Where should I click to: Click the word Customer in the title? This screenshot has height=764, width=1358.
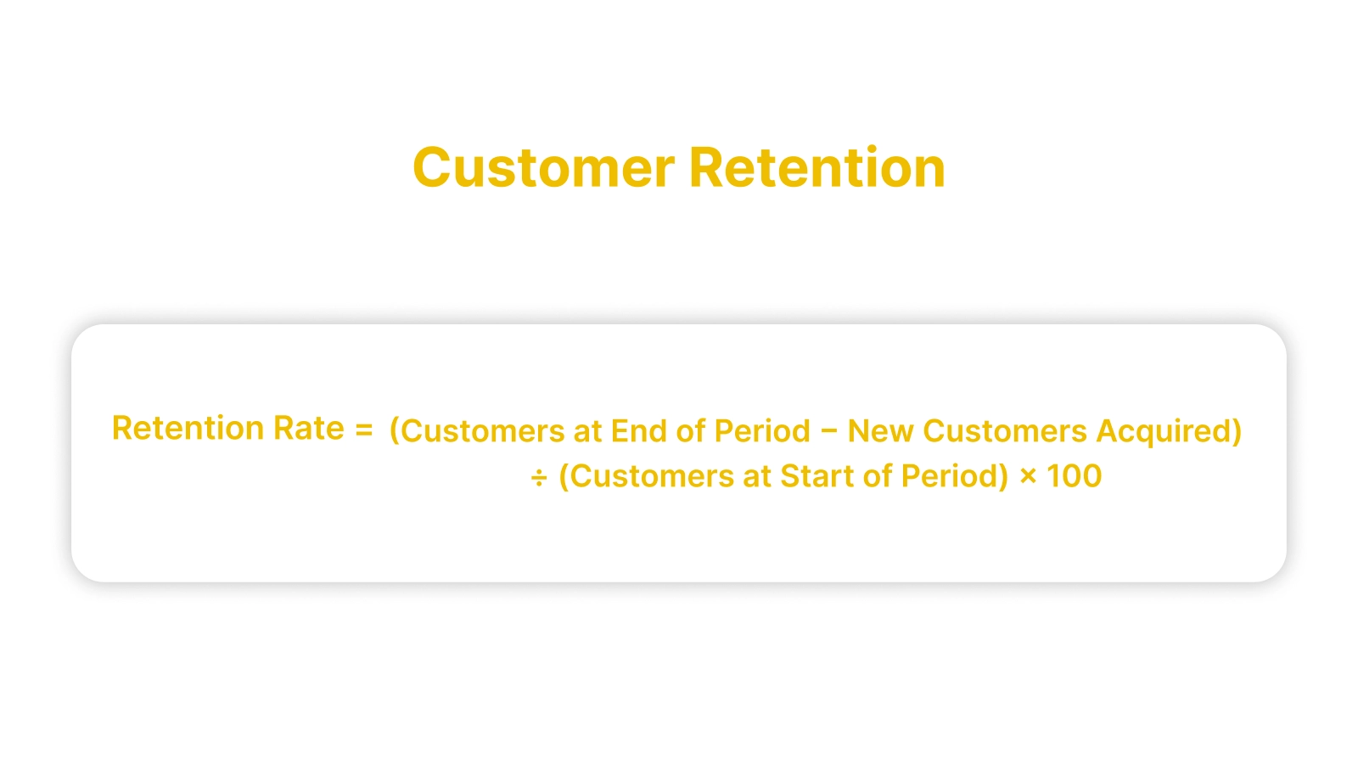[543, 167]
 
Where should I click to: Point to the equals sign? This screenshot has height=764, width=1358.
[364, 430]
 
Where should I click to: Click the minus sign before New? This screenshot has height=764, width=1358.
[829, 432]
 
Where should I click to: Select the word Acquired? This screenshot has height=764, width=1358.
[1169, 431]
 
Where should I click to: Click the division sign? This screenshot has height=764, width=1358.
[539, 478]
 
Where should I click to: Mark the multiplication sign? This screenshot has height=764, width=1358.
[1028, 477]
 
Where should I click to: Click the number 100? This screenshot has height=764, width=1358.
[1074, 476]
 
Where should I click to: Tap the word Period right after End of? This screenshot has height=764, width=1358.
[762, 431]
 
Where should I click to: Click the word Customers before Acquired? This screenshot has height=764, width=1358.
[1005, 431]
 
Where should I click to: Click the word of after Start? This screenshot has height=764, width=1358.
[878, 476]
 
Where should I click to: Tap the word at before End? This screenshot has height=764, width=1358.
[587, 431]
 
